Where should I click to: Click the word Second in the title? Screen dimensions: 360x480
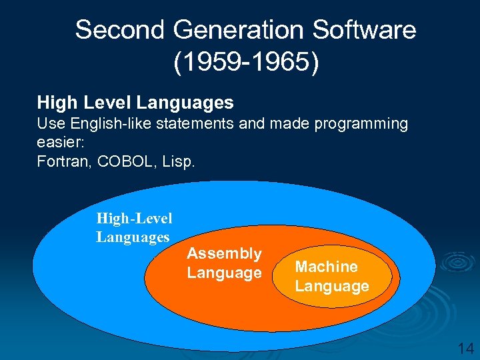(x=119, y=30)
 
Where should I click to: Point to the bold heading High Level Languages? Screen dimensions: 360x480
(x=135, y=102)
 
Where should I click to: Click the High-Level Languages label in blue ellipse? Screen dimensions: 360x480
(x=134, y=227)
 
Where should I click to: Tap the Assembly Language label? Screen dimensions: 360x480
(x=224, y=263)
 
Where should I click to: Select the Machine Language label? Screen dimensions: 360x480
(x=331, y=277)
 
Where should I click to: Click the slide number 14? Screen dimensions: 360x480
(x=465, y=348)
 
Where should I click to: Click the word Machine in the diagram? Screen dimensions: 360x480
(x=326, y=267)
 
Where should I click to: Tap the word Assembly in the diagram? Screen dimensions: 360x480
(x=224, y=253)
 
